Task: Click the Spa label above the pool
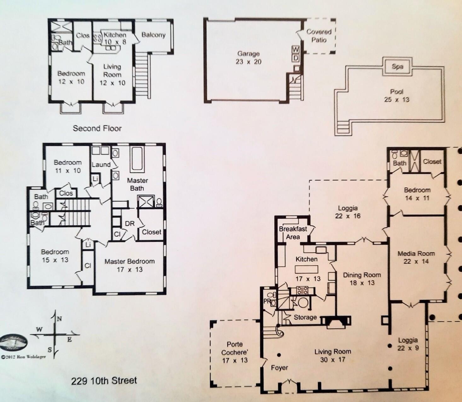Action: [397, 67]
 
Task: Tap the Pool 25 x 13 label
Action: [396, 96]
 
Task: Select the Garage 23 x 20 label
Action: [248, 58]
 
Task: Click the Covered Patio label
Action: [319, 36]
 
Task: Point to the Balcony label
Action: [153, 35]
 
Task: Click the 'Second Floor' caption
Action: [97, 128]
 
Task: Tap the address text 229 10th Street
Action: [104, 381]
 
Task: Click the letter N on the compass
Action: [59, 319]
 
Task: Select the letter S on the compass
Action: [50, 349]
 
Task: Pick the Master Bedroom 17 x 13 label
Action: [130, 265]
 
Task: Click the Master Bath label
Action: [137, 184]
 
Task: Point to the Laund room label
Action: [101, 165]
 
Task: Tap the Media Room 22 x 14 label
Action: [416, 257]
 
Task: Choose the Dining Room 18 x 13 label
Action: [362, 279]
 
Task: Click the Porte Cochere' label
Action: [234, 352]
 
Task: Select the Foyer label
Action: [279, 368]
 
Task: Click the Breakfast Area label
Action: [293, 233]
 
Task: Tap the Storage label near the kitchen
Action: [305, 317]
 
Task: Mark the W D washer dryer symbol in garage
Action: [295, 54]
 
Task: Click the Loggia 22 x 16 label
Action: [348, 212]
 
